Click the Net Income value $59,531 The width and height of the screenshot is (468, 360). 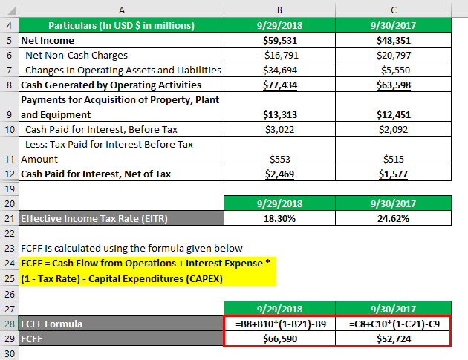click(279, 41)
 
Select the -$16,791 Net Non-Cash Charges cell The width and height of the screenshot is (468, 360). click(279, 55)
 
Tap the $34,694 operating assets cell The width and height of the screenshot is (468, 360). click(279, 70)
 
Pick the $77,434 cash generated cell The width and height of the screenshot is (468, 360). click(279, 85)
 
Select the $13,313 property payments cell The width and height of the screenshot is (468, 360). click(279, 114)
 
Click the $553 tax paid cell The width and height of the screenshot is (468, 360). click(279, 159)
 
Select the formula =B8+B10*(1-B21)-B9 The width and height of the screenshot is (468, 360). click(279, 324)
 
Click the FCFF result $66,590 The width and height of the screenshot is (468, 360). click(279, 339)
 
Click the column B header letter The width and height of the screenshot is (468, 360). click(279, 10)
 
